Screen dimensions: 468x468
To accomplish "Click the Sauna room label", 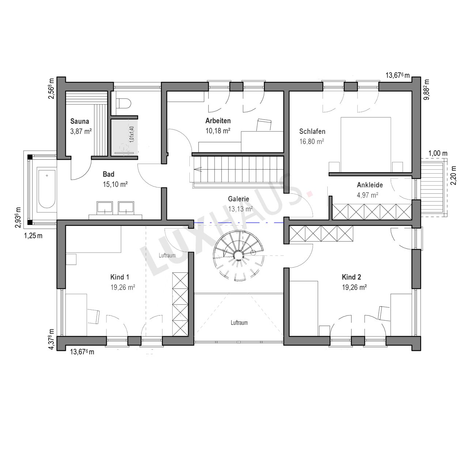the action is (79, 121).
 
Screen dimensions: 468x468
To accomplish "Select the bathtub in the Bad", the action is (47, 189).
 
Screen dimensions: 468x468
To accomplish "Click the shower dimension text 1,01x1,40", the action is (132, 134).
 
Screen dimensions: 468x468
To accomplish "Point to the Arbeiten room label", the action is (218, 120).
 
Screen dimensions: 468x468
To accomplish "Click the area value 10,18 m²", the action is (218, 131).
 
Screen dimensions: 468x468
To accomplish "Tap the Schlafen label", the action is (312, 131).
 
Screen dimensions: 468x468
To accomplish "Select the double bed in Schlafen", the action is (366, 145).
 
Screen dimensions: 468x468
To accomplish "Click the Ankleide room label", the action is (370, 185).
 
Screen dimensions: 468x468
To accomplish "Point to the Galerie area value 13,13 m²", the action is (241, 209).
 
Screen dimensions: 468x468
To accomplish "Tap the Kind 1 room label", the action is (120, 277).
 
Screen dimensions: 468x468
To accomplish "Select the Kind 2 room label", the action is (351, 277).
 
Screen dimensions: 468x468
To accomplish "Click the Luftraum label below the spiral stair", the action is (239, 323).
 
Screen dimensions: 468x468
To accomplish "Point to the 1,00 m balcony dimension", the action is (438, 153).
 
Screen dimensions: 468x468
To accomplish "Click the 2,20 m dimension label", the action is (453, 175).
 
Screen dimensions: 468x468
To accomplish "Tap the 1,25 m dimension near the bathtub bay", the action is (33, 235).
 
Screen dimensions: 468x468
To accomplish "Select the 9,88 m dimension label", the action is (426, 90).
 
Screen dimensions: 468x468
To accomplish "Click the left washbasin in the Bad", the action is (105, 208).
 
